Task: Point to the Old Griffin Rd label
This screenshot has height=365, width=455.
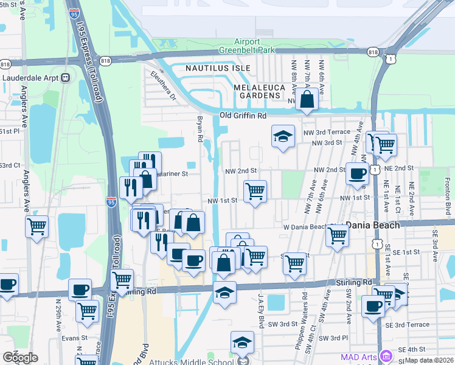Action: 243,116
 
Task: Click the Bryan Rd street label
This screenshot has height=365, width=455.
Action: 199,128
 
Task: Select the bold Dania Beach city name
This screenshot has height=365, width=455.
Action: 373,225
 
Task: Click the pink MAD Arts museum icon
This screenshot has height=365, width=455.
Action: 385,355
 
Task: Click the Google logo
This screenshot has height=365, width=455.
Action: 20,357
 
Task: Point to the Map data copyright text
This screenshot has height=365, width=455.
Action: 429,360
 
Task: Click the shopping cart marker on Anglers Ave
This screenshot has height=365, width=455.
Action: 36,227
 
